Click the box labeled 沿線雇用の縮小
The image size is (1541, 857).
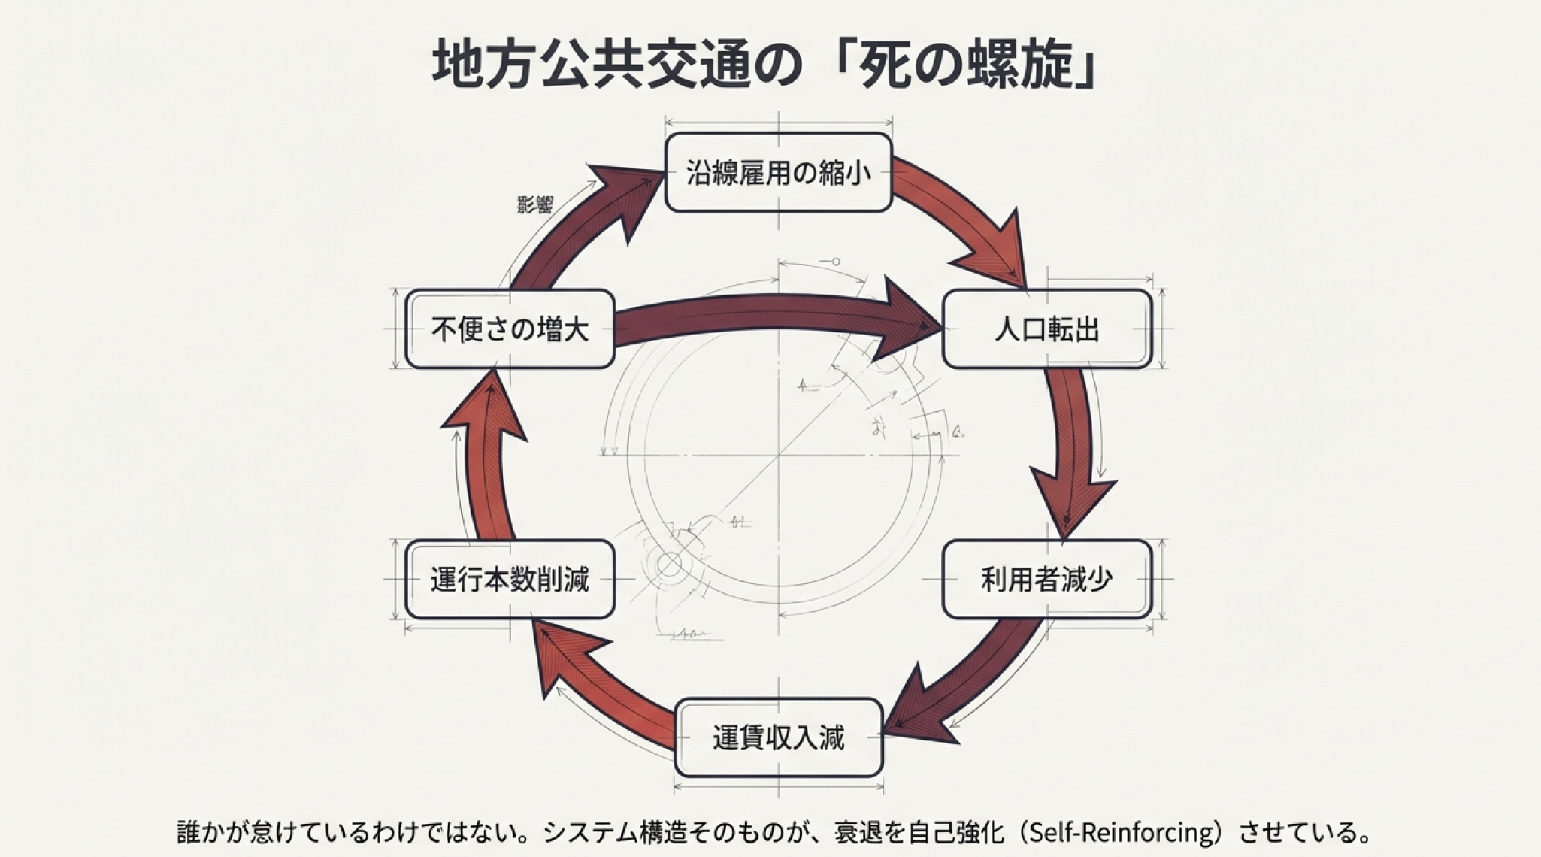point(778,173)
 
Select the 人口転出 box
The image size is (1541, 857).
point(1046,329)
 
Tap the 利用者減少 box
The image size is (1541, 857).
point(1046,579)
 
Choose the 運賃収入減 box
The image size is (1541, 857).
point(778,737)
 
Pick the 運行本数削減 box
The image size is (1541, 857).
point(510,579)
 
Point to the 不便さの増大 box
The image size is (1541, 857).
point(510,329)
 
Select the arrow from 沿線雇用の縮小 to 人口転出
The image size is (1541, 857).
point(970,218)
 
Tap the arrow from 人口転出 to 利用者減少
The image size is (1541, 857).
point(1071,451)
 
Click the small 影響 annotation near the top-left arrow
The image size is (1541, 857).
point(535,204)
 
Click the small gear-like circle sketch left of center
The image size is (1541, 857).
point(668,564)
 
